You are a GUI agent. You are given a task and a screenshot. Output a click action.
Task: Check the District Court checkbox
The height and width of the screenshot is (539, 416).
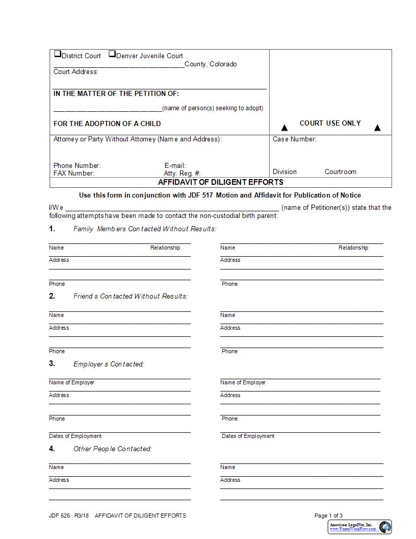[57, 54]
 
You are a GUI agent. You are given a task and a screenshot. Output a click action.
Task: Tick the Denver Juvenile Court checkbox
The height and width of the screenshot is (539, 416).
[112, 54]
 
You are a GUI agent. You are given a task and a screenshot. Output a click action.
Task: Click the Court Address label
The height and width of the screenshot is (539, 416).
[75, 72]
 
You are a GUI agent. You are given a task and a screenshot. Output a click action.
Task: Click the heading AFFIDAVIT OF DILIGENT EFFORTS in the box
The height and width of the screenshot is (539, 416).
[220, 182]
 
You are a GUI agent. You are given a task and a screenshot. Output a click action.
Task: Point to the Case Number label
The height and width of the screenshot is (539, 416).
[294, 139]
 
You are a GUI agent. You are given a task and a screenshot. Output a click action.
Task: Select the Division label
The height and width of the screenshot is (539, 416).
[284, 172]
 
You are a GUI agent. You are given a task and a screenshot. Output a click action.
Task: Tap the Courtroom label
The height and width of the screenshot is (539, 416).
[340, 172]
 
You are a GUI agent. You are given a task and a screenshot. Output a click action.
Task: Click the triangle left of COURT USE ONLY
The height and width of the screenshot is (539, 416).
[284, 128]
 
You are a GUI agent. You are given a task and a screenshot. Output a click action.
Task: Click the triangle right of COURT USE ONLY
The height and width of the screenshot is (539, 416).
[377, 128]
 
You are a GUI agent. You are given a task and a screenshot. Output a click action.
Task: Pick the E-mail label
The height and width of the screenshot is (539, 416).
[175, 166]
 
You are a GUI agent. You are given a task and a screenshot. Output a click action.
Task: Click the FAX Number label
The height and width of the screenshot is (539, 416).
[74, 174]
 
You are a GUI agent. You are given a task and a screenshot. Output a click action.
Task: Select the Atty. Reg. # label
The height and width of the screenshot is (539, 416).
[182, 174]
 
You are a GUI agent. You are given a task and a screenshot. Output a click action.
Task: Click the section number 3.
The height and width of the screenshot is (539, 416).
[52, 364]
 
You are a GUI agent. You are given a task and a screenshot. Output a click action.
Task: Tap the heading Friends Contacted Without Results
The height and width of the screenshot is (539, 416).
[131, 297]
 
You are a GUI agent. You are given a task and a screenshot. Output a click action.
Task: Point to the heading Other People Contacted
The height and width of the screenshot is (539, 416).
[113, 449]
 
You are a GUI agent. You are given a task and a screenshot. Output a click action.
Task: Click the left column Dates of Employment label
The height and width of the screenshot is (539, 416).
[75, 436]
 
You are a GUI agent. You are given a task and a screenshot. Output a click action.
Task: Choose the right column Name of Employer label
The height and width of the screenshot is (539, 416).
[243, 383]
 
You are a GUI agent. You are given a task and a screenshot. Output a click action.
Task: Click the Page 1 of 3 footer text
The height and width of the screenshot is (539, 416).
[328, 516]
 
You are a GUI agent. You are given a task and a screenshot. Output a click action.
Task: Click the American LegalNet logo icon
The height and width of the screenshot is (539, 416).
[385, 527]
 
